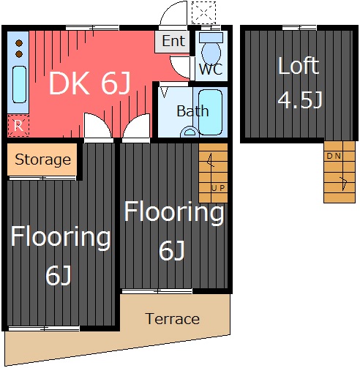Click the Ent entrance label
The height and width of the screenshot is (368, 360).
pos(173,41)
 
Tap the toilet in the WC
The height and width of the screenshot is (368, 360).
pos(211,48)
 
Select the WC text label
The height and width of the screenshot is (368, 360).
pos(211,69)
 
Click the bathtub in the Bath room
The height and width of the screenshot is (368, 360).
pos(210,112)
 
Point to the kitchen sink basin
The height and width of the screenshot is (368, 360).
pos(19,85)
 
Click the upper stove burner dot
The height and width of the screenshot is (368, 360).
pos(19,43)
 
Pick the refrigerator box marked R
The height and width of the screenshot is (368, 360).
pos(18,126)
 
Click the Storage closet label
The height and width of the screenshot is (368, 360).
pos(43,160)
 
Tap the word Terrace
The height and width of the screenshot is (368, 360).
pos(173,319)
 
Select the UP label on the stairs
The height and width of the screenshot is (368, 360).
pos(218,188)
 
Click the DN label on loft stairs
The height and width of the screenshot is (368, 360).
pos(334,156)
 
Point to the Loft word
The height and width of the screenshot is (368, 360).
pos(299,65)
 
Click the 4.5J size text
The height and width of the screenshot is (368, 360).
pos(300,99)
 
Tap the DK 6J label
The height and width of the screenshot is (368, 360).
pos(90,83)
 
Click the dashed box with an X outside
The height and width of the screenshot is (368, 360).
pos(203,12)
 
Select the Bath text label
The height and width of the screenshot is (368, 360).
pos(192,111)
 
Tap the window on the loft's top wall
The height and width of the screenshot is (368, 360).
pos(299,28)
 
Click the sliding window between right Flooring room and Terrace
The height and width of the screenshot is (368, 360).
pos(157,291)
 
